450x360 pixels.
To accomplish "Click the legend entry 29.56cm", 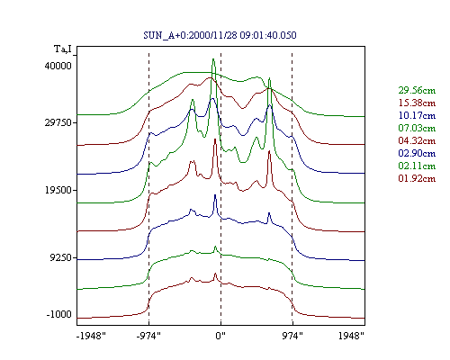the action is [x=417, y=90].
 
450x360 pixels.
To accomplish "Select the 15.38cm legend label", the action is [x=417, y=103].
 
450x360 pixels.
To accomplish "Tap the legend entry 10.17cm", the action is [x=417, y=115].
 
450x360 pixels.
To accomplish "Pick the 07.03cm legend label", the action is [x=417, y=128].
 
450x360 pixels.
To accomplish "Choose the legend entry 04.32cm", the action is [x=417, y=140].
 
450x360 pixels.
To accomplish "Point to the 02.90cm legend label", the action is [x=417, y=153].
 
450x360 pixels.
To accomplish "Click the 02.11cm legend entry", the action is [x=417, y=166].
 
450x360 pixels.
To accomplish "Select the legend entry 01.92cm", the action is [x=417, y=178].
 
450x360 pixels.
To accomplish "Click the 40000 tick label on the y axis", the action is [x=58, y=66].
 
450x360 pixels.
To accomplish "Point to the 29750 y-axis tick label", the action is [x=58, y=122].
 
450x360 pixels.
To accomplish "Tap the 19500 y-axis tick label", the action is [x=58, y=190].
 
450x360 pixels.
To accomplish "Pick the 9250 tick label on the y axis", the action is [x=61, y=257].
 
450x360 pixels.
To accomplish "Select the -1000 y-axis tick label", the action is [x=59, y=314].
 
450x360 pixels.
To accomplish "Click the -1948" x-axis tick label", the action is [x=91, y=336].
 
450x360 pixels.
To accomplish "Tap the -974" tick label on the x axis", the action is [x=148, y=336].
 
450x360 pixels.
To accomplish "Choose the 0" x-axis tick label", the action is [x=220, y=336].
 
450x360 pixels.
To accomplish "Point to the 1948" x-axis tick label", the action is [x=351, y=336].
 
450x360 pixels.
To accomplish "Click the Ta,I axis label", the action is [x=63, y=49].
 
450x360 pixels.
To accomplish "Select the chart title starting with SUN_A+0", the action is [x=220, y=35].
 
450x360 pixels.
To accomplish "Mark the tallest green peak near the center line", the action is [x=213, y=59].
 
